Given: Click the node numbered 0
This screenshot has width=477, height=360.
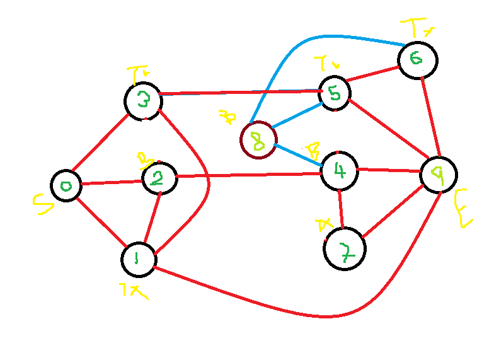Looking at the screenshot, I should point(66,185).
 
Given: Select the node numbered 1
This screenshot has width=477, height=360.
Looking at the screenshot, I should point(139,258).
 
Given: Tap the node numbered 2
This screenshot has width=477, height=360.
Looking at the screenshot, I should point(159,178).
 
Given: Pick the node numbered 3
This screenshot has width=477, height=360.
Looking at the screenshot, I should point(144,101).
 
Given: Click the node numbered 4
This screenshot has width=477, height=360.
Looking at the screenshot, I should point(339,170).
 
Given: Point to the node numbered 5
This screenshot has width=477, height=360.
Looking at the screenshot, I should point(334,93).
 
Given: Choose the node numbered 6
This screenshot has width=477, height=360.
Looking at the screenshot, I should point(417,60).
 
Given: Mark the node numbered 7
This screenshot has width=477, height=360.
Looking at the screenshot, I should point(344,248).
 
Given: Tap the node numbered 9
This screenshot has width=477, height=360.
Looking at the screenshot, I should point(438,175).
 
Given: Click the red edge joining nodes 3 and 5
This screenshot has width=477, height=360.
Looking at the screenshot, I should point(239,93).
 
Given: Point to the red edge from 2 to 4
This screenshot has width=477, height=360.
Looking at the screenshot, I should point(249,175).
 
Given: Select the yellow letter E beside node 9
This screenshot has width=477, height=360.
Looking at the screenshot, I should point(463,208).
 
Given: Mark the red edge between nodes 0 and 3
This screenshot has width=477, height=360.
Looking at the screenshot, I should point(101,143).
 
